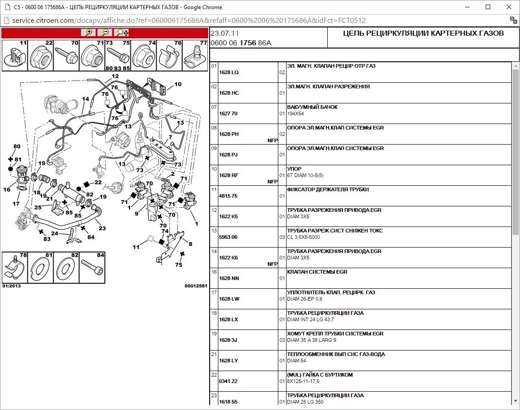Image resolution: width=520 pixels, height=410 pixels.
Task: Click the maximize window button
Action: (488, 7)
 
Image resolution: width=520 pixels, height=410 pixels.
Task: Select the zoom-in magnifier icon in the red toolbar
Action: (87, 32)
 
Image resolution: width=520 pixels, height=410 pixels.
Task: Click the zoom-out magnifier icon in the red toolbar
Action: (105, 32)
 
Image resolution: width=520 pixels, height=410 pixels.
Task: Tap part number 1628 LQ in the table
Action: (229, 72)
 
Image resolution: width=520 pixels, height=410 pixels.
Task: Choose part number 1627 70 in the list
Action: (228, 113)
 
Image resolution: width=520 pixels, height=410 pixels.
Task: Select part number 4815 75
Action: (228, 196)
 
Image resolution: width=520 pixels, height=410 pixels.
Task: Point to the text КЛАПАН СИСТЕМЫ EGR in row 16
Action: (317, 272)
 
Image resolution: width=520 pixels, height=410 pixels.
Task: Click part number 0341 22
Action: (228, 381)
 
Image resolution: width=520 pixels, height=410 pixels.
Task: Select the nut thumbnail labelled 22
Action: (40, 55)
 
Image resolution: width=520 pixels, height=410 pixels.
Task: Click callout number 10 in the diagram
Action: (178, 84)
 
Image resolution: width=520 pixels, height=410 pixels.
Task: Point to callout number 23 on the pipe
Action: (102, 228)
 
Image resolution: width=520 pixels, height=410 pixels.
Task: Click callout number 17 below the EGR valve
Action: (16, 204)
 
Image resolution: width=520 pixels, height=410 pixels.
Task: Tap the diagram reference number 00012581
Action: (196, 286)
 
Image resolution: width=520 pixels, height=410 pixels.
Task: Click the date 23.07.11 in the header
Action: (225, 33)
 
